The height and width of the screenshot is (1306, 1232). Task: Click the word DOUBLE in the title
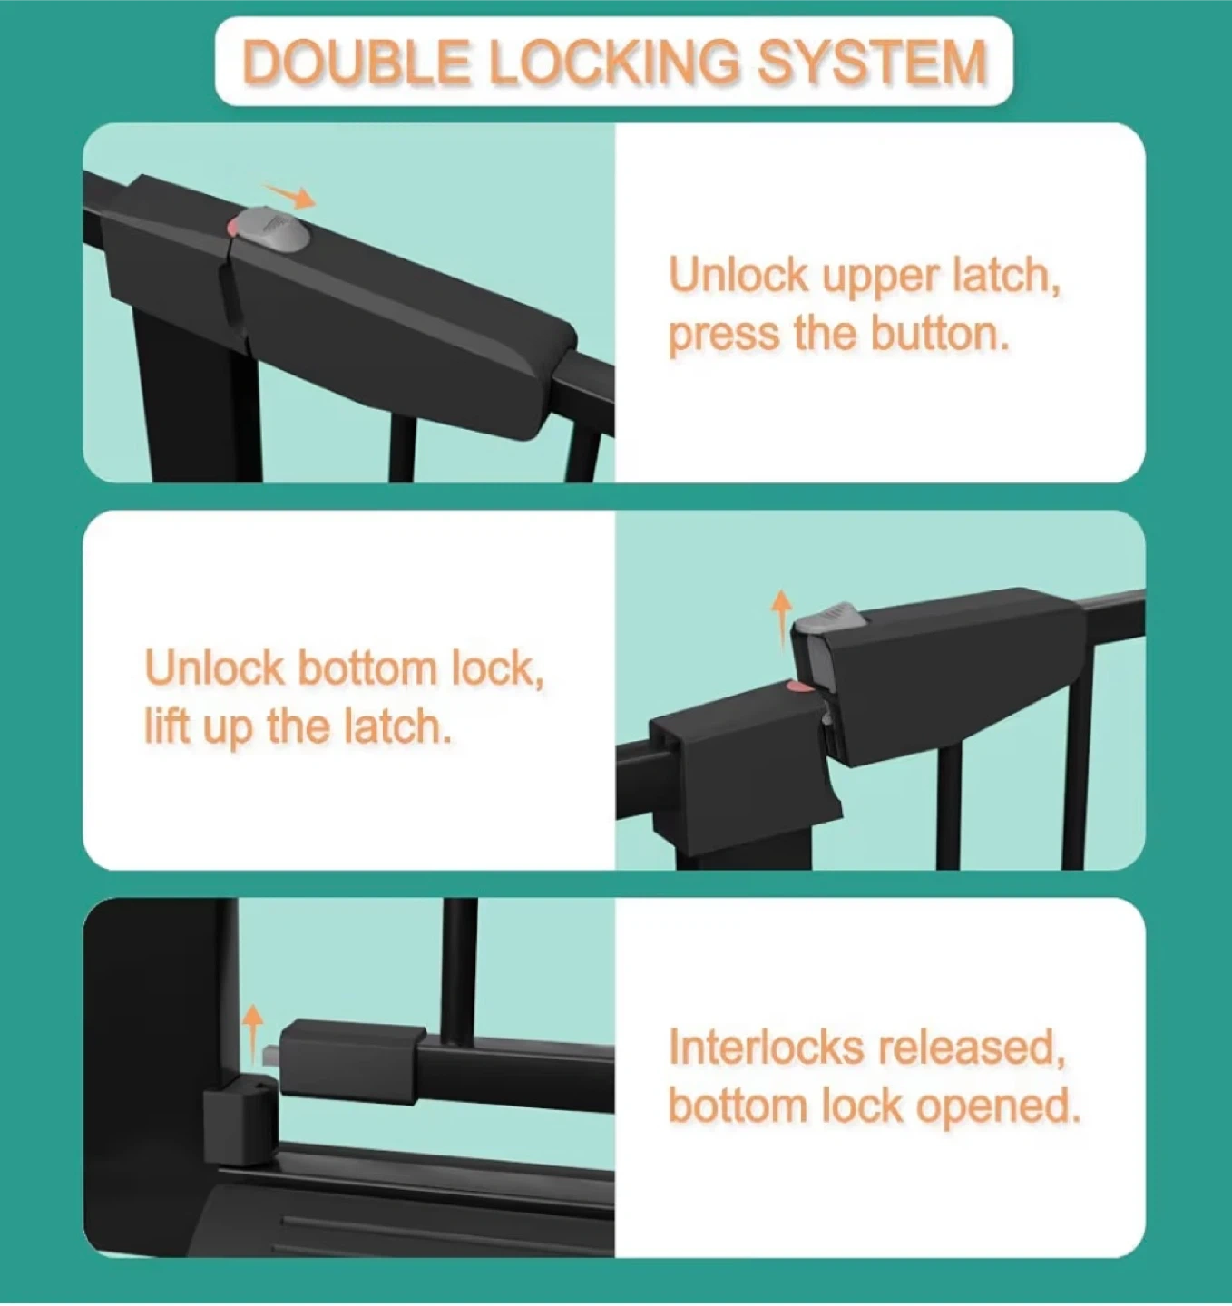356,62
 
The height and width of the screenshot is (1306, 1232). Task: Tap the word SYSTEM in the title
871,62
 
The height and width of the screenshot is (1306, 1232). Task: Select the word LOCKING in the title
614,62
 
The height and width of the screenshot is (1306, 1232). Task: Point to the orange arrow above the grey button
288,195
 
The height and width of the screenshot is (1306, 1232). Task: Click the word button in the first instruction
940,334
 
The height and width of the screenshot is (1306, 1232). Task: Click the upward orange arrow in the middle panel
781,619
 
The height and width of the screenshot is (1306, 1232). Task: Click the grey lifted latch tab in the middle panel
829,619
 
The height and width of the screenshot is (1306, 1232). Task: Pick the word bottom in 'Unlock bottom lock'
367,668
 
